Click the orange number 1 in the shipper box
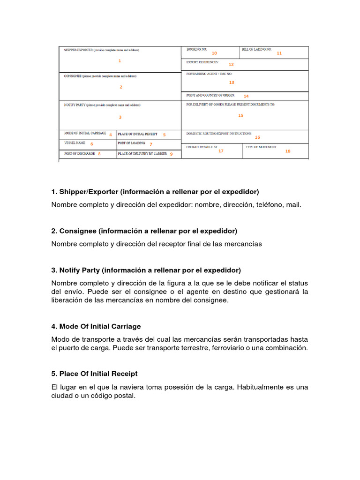(x=120, y=60)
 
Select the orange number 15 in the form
(x=240, y=115)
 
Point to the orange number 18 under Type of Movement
(x=288, y=151)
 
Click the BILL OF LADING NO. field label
(x=256, y=49)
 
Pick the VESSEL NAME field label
(x=75, y=142)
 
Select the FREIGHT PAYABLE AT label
(x=202, y=147)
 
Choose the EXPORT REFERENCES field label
(x=202, y=62)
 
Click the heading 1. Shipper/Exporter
(x=155, y=192)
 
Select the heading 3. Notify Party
(x=146, y=270)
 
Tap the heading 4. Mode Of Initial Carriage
(x=96, y=326)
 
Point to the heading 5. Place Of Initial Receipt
(x=94, y=374)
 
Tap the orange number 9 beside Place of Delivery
(x=171, y=154)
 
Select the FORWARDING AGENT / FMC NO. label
(x=209, y=74)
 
